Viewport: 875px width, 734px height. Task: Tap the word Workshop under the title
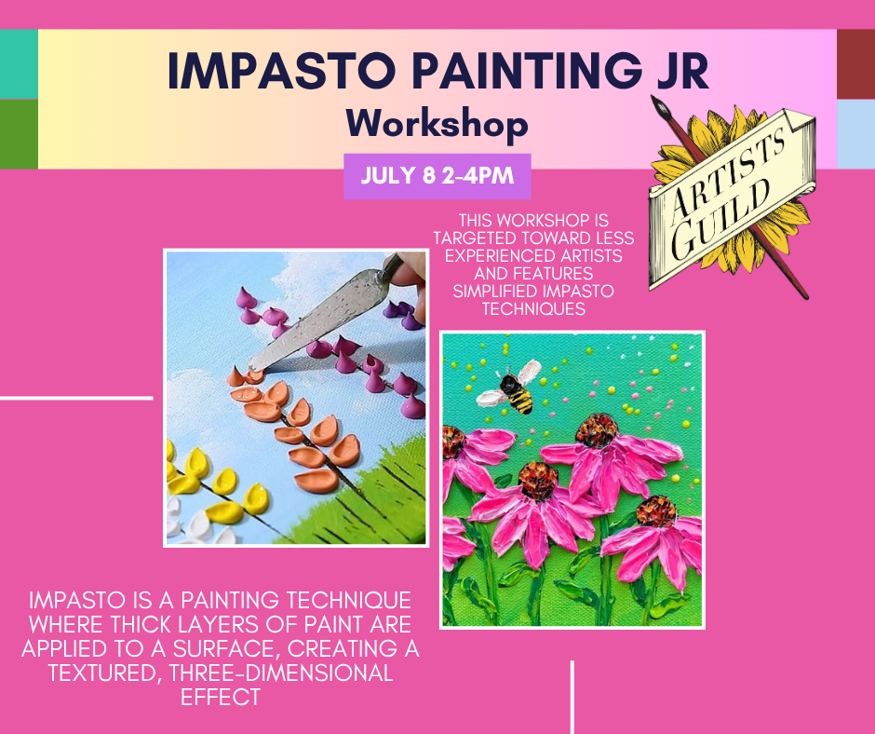pos(437,124)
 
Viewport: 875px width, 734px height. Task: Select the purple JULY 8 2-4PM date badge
pos(437,176)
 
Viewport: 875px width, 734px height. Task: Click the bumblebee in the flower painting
pos(509,388)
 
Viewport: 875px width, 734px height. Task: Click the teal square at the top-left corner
pos(19,64)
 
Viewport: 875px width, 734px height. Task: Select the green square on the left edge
pos(19,134)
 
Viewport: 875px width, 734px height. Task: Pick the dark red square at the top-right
pos(856,64)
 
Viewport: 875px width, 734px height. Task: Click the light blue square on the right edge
pos(856,134)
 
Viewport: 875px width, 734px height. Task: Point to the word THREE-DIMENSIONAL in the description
pos(281,673)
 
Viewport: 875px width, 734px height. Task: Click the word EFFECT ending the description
pos(221,697)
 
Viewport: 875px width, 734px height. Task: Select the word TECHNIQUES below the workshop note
pos(533,309)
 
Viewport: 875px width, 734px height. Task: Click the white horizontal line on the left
pos(76,399)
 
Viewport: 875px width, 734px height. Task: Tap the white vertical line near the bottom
pos(572,697)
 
